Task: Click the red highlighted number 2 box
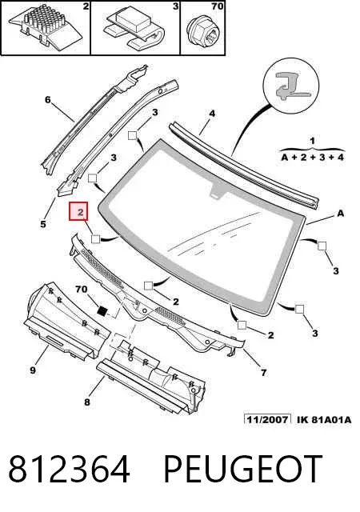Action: click(x=78, y=211)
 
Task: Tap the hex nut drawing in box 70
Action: click(x=202, y=32)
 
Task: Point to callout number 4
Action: click(x=212, y=114)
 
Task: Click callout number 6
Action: click(x=48, y=99)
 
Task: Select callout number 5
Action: click(x=43, y=224)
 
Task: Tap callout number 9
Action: click(x=33, y=370)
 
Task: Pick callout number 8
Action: click(x=87, y=402)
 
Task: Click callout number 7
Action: click(x=264, y=372)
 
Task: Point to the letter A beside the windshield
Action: click(x=340, y=214)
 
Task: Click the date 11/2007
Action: click(x=267, y=419)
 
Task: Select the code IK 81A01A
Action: click(x=324, y=419)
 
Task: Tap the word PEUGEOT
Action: click(x=243, y=469)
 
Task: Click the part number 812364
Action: click(x=69, y=469)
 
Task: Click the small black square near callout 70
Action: click(x=102, y=310)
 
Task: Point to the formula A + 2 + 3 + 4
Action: click(x=313, y=157)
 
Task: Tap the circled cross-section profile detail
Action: click(x=290, y=86)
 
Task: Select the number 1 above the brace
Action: click(x=313, y=141)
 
